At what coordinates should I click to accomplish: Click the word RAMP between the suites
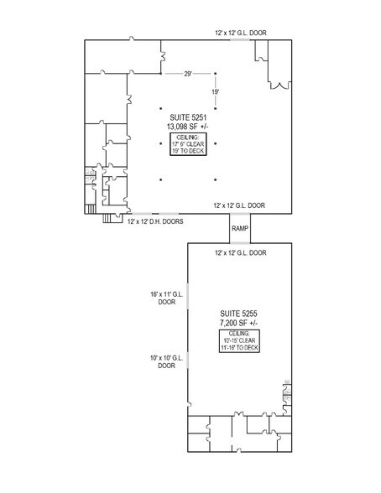(239, 228)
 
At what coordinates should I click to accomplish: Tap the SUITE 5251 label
(190, 117)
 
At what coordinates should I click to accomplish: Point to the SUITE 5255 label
(237, 313)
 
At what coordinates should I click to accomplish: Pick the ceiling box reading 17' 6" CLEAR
(190, 144)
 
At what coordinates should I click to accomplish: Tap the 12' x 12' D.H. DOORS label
(156, 222)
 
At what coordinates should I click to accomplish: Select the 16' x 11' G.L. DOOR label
(165, 298)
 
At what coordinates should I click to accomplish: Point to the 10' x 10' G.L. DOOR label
(165, 361)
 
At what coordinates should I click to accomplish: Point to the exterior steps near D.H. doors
(110, 219)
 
